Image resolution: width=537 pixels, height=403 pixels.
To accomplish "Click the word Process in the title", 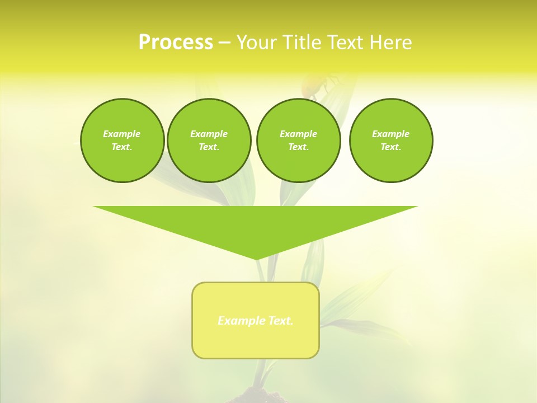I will [x=176, y=43].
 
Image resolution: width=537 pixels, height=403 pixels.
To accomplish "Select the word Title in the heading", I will [x=303, y=43].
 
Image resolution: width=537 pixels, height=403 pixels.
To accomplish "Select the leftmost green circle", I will [x=123, y=140].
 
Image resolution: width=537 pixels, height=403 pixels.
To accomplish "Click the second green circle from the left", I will [x=209, y=140].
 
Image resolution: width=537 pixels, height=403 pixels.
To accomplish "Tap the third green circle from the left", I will [x=298, y=140].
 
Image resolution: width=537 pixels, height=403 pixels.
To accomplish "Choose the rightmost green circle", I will [x=391, y=140].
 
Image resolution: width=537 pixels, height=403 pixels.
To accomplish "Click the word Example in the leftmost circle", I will [x=122, y=134].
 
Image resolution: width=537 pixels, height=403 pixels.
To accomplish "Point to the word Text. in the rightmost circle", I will [x=391, y=147].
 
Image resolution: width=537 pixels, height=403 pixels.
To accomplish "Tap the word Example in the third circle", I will [x=298, y=134].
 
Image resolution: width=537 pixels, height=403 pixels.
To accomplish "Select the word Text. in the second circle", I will [x=209, y=147].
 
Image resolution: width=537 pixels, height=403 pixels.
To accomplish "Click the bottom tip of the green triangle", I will [x=256, y=258].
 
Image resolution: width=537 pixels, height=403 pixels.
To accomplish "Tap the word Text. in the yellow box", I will [x=280, y=321].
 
